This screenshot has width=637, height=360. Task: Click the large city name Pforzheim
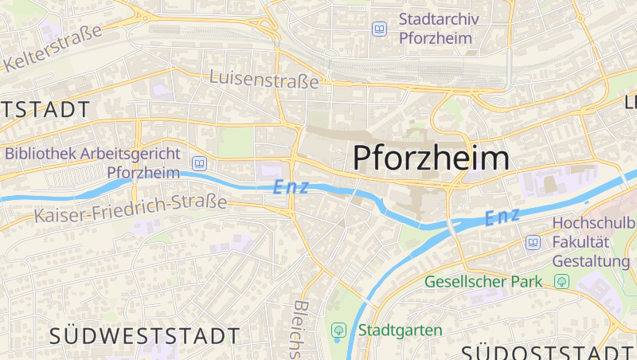click(x=431, y=158)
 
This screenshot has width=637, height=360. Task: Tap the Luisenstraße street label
click(x=264, y=78)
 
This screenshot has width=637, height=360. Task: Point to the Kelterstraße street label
click(x=54, y=49)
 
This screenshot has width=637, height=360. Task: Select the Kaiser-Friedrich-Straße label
click(x=131, y=208)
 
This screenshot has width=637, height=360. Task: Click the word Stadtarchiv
click(x=436, y=19)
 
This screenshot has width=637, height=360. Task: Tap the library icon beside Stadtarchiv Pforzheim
click(x=380, y=29)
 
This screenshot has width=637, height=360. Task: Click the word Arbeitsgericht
click(x=128, y=154)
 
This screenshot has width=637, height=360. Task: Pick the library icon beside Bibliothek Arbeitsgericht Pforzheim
click(x=199, y=164)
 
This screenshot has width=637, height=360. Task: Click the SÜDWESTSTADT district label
click(x=144, y=335)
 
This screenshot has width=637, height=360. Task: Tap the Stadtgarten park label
click(x=400, y=330)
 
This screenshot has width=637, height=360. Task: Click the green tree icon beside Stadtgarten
click(x=338, y=330)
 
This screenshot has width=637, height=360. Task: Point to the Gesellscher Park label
click(x=483, y=281)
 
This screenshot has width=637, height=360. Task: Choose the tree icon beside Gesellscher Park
click(x=563, y=281)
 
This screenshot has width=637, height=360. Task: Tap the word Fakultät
click(x=587, y=242)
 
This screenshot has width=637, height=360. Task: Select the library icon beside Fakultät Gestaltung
click(x=533, y=242)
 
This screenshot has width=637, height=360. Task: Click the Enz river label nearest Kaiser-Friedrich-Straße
click(x=289, y=188)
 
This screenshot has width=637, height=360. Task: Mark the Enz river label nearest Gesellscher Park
click(x=502, y=216)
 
